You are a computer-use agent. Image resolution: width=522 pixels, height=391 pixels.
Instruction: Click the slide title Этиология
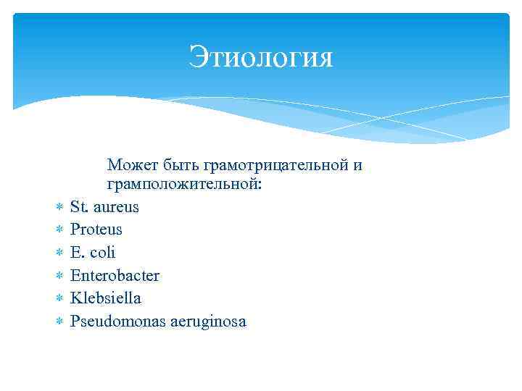(x=261, y=57)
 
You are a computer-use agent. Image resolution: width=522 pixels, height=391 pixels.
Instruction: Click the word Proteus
(x=96, y=230)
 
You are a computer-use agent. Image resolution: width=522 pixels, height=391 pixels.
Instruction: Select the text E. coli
(x=93, y=253)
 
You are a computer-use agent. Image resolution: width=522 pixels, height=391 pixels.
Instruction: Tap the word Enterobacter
(x=115, y=276)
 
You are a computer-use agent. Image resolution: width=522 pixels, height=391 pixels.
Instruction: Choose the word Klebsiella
(x=106, y=298)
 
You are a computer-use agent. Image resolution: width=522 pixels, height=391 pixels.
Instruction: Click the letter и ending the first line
(x=357, y=167)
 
